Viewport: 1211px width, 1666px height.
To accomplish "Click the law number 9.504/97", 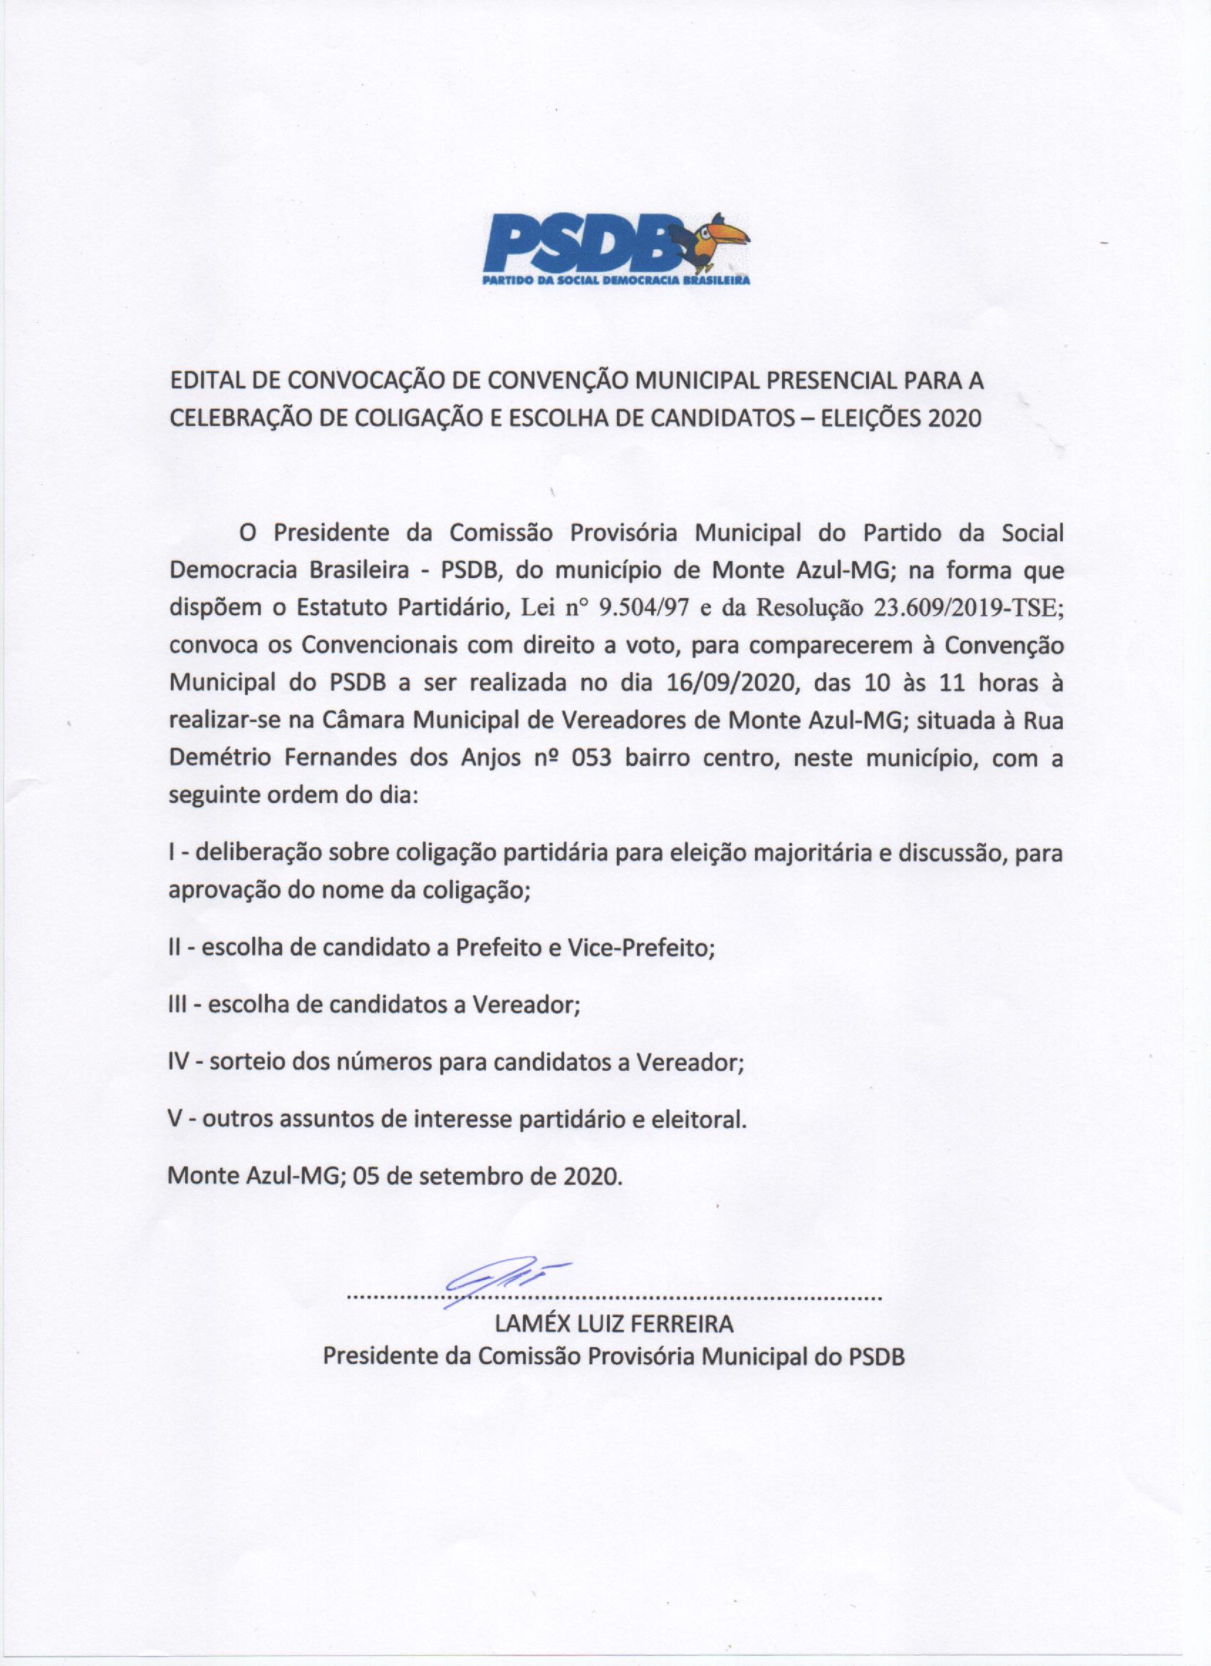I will click(x=644, y=607).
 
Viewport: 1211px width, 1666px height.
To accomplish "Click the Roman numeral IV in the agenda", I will click(x=179, y=1062).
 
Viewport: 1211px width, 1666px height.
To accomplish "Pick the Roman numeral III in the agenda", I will click(x=180, y=1004).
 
